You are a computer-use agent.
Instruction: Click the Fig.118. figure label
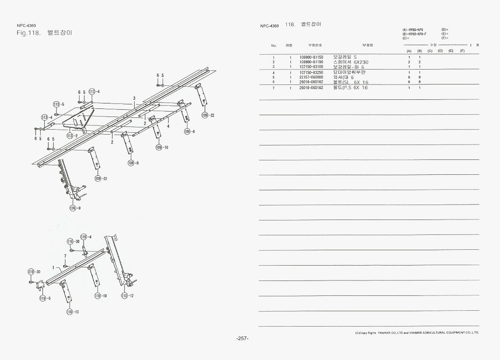coord(29,33)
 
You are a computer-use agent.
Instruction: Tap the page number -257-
coord(243,339)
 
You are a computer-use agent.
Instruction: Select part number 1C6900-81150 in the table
coord(311,57)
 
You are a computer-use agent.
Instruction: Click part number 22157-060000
coord(311,77)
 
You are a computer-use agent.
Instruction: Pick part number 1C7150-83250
coord(311,73)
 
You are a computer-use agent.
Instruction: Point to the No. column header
coord(274,46)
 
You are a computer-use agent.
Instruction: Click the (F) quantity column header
coord(462,51)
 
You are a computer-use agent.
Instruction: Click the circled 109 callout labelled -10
coord(159,148)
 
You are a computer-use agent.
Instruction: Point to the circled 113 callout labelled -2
coord(70,136)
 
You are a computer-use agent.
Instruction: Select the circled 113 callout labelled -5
coord(56,104)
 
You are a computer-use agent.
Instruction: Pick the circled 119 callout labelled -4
coord(84,237)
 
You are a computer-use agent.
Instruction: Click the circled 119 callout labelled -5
coord(43,298)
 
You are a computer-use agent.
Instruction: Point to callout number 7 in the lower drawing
coord(65,256)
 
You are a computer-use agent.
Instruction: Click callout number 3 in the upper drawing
coord(134,98)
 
